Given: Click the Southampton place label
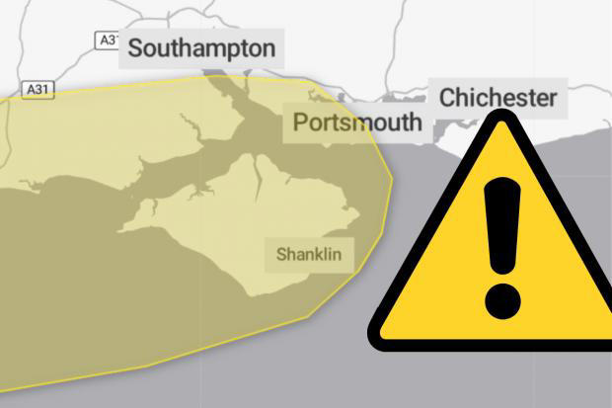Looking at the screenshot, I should (x=201, y=47).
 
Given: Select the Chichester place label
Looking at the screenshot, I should (x=497, y=98).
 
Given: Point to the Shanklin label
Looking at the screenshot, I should (x=309, y=255).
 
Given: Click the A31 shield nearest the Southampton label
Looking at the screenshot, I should (x=109, y=40).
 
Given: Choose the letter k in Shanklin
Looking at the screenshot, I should (x=321, y=255).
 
